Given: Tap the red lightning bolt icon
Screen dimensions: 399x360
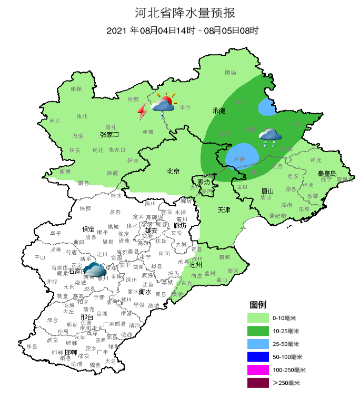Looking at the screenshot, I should click(x=142, y=112).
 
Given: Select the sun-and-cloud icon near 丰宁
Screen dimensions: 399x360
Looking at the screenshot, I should click(x=163, y=105).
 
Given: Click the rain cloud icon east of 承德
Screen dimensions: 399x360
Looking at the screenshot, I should click(x=269, y=137).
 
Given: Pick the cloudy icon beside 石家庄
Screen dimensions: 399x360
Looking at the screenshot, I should click(x=95, y=270).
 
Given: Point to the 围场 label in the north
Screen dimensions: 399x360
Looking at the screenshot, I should click(x=231, y=73).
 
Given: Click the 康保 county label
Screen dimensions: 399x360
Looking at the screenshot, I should click(x=76, y=89).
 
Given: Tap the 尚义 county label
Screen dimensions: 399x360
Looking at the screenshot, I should click(x=55, y=121).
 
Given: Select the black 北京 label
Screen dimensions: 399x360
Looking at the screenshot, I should click(x=174, y=171).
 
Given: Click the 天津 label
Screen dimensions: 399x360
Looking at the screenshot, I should click(x=224, y=210).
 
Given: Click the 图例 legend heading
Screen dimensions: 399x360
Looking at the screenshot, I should click(x=258, y=305).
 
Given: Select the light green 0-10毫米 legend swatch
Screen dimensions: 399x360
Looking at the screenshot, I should click(x=258, y=318).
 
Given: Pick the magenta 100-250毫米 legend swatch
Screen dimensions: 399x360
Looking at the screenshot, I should click(x=258, y=370).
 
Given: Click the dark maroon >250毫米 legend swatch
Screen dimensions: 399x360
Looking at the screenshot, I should click(x=258, y=383).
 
